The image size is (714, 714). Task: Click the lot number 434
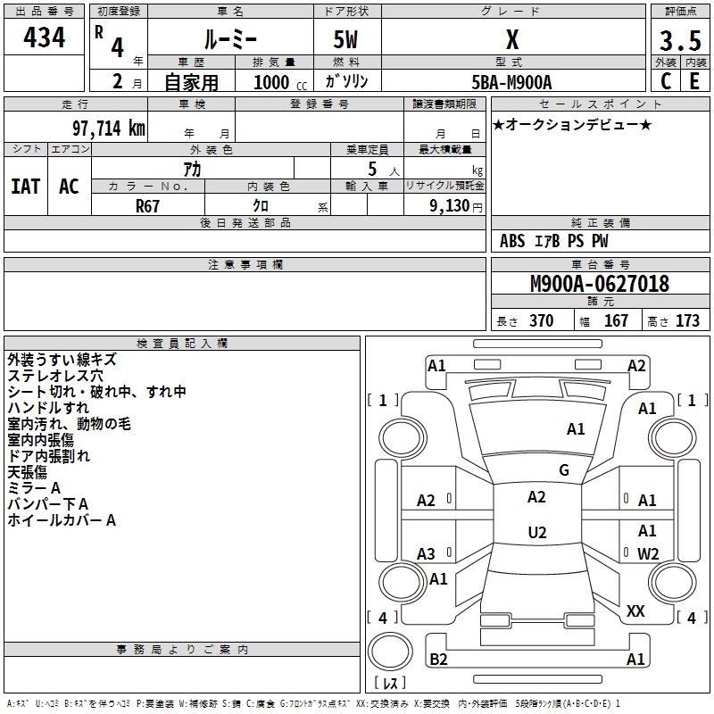(44, 37)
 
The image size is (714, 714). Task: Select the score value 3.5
(679, 40)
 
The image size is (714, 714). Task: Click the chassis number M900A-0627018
(600, 284)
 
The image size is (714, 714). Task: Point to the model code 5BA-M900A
(511, 82)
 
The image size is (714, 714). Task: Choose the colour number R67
(148, 205)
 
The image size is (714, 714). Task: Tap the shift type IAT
(25, 187)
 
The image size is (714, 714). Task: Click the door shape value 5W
(346, 40)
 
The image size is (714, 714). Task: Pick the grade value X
(512, 40)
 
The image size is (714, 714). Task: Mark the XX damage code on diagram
(635, 611)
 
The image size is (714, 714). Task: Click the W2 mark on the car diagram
(648, 553)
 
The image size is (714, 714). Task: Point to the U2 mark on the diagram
(536, 533)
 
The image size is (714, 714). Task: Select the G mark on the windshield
(563, 470)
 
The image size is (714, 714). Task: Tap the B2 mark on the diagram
(438, 660)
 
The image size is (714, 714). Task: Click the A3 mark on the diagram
(426, 553)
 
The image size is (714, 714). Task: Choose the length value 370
(541, 321)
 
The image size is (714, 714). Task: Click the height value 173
(687, 321)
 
